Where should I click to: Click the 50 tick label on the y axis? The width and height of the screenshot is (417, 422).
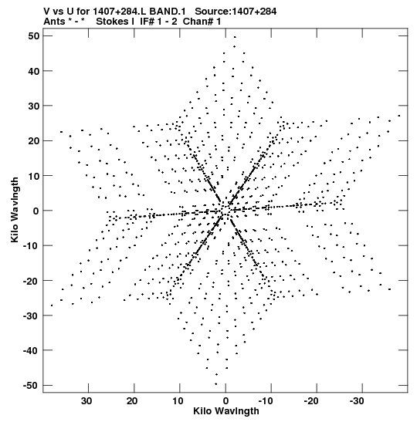(34, 36)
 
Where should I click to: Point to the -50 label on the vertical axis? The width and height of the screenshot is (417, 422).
(31, 386)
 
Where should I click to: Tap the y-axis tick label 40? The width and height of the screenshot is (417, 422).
(34, 71)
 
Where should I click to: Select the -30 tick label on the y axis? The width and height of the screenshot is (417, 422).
(31, 316)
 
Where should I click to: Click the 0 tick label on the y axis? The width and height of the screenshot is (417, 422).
(36, 211)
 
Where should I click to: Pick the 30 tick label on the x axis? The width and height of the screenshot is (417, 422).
(86, 401)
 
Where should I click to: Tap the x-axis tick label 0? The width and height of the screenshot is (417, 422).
(225, 401)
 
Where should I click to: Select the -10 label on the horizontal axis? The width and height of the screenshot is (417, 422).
(266, 401)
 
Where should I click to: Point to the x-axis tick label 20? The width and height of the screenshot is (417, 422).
(132, 401)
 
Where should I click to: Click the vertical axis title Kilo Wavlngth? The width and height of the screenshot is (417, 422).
(15, 210)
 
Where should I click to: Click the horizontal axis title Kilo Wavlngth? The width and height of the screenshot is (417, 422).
(226, 411)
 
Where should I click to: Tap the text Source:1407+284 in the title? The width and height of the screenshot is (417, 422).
(236, 12)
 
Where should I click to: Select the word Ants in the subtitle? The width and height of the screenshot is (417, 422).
(54, 22)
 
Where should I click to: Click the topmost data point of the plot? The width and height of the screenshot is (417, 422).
(235, 37)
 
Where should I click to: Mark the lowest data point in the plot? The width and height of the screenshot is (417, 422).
(215, 384)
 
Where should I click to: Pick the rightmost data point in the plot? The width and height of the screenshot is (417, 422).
(399, 116)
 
